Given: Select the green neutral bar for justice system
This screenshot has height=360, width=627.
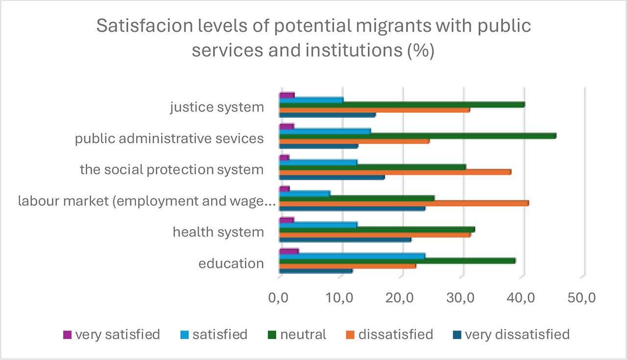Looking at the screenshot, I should click(x=402, y=104).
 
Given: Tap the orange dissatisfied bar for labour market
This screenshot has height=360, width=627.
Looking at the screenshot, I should click(x=404, y=203).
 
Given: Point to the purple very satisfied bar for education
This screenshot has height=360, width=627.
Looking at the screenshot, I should click(x=289, y=251).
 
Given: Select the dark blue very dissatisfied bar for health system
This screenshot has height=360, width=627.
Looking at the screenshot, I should click(x=345, y=240).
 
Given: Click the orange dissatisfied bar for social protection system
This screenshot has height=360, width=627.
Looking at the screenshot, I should click(x=395, y=172).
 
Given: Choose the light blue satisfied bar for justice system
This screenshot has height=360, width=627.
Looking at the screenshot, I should click(x=311, y=100).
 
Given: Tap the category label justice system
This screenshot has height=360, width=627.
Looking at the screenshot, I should click(x=217, y=107).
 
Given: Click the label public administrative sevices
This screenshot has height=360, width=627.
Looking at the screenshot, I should click(x=169, y=139).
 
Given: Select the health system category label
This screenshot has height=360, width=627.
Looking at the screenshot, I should click(x=218, y=232).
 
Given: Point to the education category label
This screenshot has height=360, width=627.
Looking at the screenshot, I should click(x=231, y=264).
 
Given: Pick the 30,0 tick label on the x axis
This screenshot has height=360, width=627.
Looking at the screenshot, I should click(x=462, y=298).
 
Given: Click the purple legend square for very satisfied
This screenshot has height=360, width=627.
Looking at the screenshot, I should click(x=68, y=335).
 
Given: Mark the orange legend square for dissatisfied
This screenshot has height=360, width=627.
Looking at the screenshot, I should click(x=351, y=335).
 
